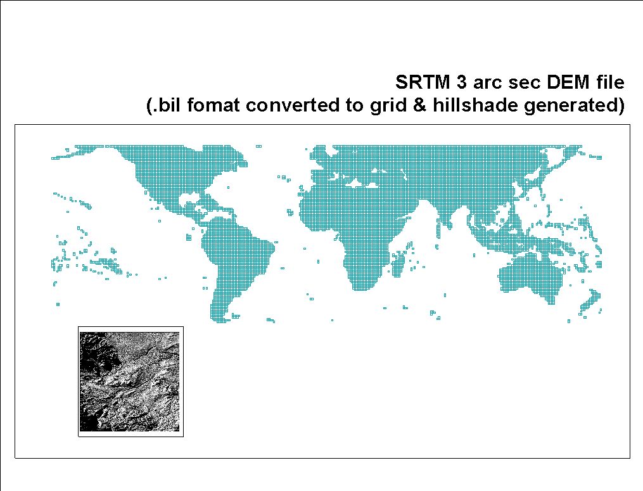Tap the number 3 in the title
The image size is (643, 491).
(462, 82)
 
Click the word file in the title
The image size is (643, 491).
(608, 82)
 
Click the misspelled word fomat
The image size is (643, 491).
(213, 105)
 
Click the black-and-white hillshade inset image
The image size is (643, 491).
(130, 381)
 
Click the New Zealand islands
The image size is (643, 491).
(590, 303)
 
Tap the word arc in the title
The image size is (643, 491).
(488, 82)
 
